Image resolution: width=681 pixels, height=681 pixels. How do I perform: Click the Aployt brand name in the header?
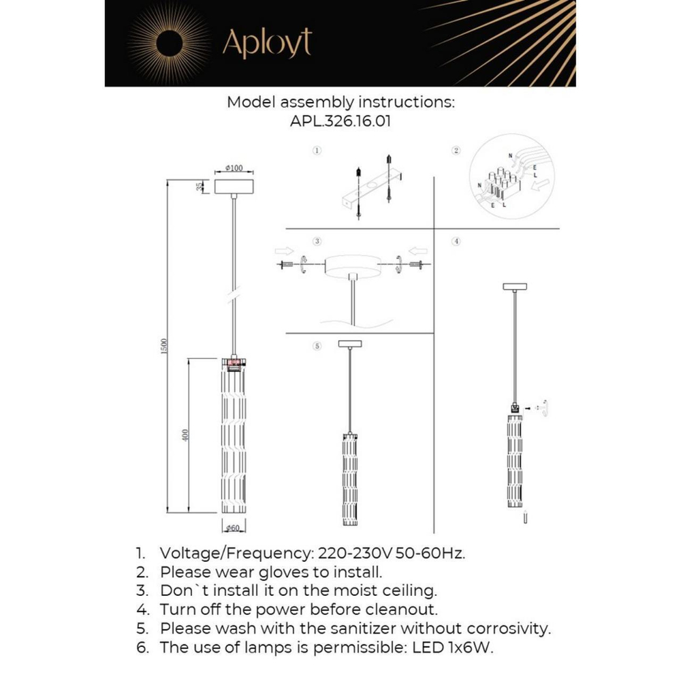point(267,43)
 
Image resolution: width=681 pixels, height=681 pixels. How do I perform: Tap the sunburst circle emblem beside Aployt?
point(169,44)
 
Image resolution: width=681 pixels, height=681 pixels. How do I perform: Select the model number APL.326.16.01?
point(340,121)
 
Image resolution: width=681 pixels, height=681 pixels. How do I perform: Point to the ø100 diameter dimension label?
point(234,169)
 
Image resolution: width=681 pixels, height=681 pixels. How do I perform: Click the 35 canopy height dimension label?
point(200,187)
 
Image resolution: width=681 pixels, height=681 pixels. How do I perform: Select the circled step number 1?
point(317,150)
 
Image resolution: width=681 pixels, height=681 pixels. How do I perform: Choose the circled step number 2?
point(456,150)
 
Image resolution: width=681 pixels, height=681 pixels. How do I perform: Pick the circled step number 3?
point(317,242)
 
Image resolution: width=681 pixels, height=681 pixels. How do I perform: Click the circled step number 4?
point(456,242)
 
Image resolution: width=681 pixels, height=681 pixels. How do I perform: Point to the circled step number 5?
point(317,346)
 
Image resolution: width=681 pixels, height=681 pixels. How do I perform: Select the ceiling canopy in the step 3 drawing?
point(352,265)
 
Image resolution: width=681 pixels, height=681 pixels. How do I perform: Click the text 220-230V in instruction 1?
point(351,552)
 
